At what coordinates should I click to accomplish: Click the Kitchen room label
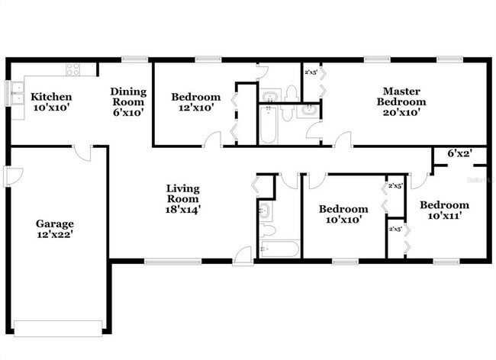click(x=51, y=97)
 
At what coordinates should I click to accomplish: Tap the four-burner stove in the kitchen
click(x=73, y=69)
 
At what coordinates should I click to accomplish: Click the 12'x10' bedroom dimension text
click(x=195, y=108)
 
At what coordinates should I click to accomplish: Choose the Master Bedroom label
click(x=403, y=97)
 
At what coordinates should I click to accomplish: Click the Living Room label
click(x=183, y=194)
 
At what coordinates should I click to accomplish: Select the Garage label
click(x=55, y=223)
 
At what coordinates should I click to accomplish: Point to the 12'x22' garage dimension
click(x=55, y=235)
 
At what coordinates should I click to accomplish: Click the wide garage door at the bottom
click(x=58, y=328)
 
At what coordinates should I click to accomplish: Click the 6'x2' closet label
click(x=459, y=153)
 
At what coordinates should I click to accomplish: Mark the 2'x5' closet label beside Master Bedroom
click(x=311, y=72)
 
